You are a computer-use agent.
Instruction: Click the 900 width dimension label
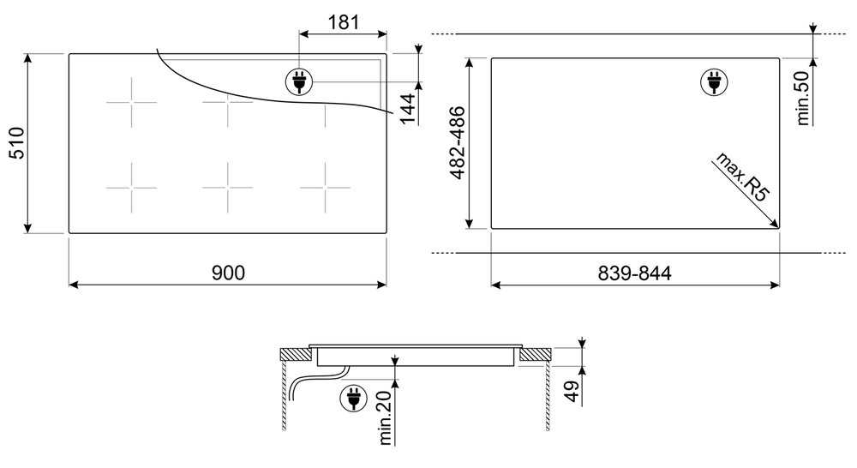click(228, 273)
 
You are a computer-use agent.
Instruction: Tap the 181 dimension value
click(343, 21)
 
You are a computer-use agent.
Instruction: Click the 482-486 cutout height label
click(457, 142)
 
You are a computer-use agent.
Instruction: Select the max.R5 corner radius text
click(743, 178)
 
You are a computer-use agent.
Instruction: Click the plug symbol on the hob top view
click(299, 82)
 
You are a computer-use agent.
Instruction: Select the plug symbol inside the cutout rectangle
click(712, 82)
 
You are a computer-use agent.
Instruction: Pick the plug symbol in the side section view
click(351, 399)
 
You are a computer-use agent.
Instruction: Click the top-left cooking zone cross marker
click(131, 102)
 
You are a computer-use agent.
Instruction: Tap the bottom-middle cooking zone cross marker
click(228, 187)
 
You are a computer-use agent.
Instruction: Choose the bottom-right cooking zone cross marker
click(325, 187)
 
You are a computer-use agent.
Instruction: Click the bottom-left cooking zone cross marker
click(131, 187)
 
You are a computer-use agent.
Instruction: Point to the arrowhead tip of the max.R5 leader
click(777, 227)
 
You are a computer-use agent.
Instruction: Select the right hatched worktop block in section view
click(537, 353)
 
